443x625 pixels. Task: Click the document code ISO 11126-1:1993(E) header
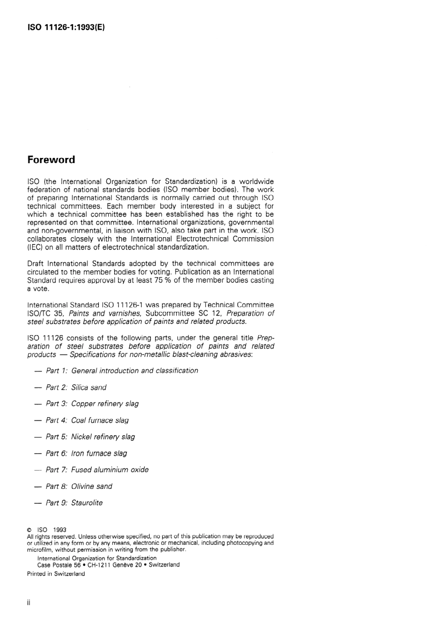tap(66, 27)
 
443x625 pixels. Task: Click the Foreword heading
tap(51, 160)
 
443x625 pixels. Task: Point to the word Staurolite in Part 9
tap(87, 503)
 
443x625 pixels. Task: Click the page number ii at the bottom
tap(28, 603)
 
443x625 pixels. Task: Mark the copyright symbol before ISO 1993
tap(29, 530)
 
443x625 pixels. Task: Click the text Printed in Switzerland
tap(56, 574)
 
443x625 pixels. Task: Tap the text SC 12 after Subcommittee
tap(209, 313)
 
